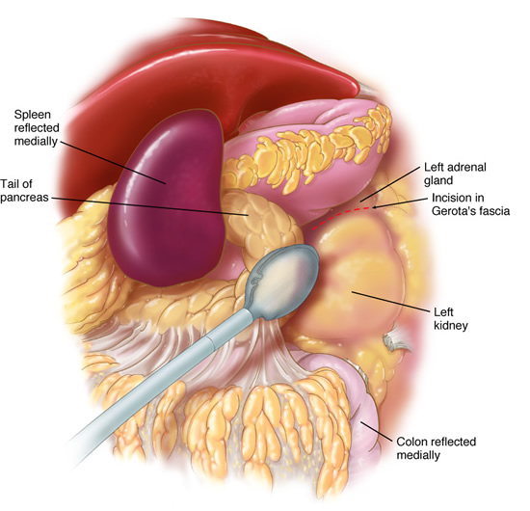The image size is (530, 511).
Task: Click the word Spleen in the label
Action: (x=33, y=116)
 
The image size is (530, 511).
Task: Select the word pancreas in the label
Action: (x=24, y=197)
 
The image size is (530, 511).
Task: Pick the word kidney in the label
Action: (x=451, y=325)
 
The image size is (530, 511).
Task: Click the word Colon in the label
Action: (x=411, y=442)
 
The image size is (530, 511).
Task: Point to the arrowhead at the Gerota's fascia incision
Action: (x=374, y=207)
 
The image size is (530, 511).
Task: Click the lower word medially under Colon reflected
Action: (x=418, y=455)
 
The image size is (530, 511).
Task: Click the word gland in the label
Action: (x=438, y=181)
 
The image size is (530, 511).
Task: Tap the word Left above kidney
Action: (x=443, y=311)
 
